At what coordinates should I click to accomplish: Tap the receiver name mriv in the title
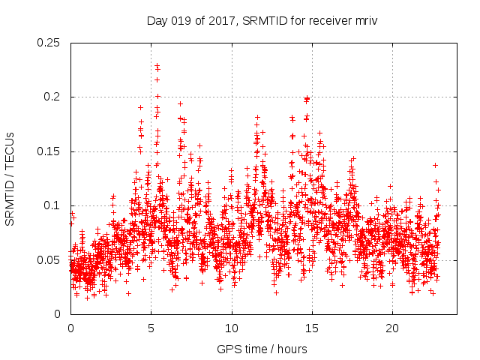tap(364, 21)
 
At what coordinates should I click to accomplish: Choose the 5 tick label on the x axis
tap(151, 328)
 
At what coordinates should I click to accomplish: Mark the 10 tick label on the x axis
tap(232, 328)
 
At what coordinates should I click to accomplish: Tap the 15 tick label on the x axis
tap(312, 328)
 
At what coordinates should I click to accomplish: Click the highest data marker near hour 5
tap(157, 66)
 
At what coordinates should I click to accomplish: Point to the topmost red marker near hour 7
tap(180, 103)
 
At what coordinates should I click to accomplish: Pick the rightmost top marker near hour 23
tap(435, 165)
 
